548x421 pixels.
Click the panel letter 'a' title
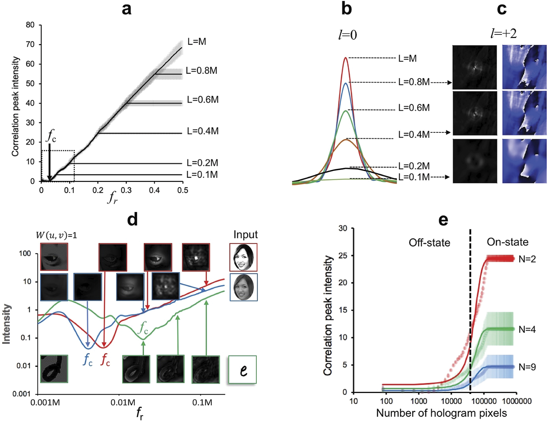pyautogui.click(x=126, y=9)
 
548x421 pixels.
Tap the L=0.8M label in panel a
pyautogui.click(x=201, y=70)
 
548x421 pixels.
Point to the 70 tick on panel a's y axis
pyautogui.click(x=30, y=44)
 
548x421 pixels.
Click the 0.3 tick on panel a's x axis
pyautogui.click(x=126, y=190)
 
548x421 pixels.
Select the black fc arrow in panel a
pyautogui.click(x=49, y=162)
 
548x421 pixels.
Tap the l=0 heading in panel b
pyautogui.click(x=347, y=35)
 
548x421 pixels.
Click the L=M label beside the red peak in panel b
pyautogui.click(x=407, y=58)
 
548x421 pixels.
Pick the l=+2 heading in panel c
pyautogui.click(x=503, y=33)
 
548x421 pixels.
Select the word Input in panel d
pyautogui.click(x=245, y=235)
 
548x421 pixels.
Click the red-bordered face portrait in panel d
pyautogui.click(x=243, y=257)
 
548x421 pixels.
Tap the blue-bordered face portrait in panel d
pyautogui.click(x=243, y=287)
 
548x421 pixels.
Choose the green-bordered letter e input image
pyautogui.click(x=242, y=369)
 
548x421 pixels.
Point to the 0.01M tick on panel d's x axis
pyautogui.click(x=123, y=402)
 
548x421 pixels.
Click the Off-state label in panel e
pyautogui.click(x=429, y=243)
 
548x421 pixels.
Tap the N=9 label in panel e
pyautogui.click(x=527, y=367)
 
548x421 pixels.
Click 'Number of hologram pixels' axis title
pyautogui.click(x=441, y=413)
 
